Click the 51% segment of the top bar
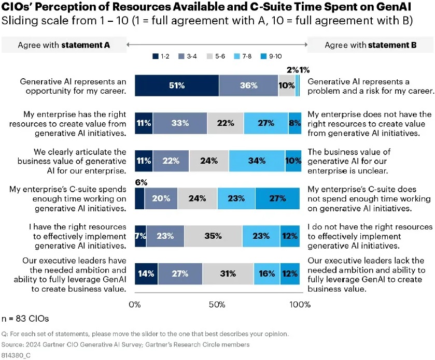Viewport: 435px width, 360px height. tap(176, 85)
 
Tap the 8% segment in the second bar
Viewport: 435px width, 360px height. tap(294, 123)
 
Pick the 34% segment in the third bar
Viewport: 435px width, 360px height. tap(257, 161)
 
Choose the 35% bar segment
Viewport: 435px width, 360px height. tap(213, 236)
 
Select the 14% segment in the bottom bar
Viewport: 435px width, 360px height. tap(146, 273)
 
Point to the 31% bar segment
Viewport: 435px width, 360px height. tap(228, 273)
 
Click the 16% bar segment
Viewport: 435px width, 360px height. tap(266, 273)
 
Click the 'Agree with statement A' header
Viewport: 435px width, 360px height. tap(64, 45)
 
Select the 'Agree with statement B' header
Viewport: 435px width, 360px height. tap(371, 45)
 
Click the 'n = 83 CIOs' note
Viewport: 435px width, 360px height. tap(25, 318)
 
